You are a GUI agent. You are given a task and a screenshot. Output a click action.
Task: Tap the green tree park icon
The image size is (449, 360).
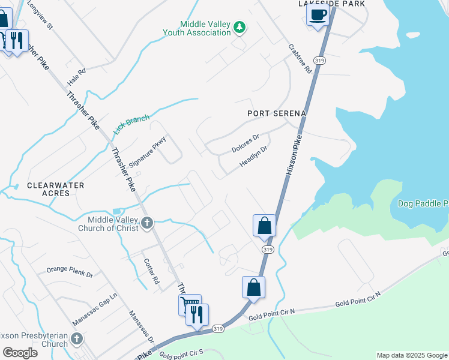pyautogui.click(x=240, y=27)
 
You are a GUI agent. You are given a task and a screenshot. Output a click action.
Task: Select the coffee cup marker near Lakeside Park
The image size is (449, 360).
pyautogui.click(x=318, y=14)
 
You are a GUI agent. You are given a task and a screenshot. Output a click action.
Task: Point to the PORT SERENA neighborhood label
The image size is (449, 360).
pyautogui.click(x=277, y=113)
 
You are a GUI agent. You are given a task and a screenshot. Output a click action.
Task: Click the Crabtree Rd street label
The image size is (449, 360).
pyautogui.click(x=300, y=58)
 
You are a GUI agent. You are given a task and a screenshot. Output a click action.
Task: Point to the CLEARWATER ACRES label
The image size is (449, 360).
pyautogui.click(x=55, y=190)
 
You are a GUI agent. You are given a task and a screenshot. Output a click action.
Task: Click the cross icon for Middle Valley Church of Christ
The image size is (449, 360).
pyautogui.click(x=147, y=224)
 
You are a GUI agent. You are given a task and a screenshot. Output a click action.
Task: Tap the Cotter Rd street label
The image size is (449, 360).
pyautogui.click(x=151, y=271)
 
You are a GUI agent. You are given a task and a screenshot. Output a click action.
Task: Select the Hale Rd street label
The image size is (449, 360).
pyautogui.click(x=77, y=76)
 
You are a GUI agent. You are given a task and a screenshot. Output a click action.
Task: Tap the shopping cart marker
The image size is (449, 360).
pyautogui.click(x=188, y=304)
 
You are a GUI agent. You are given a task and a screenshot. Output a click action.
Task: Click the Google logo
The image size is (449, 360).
pyautogui.click(x=20, y=352)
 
